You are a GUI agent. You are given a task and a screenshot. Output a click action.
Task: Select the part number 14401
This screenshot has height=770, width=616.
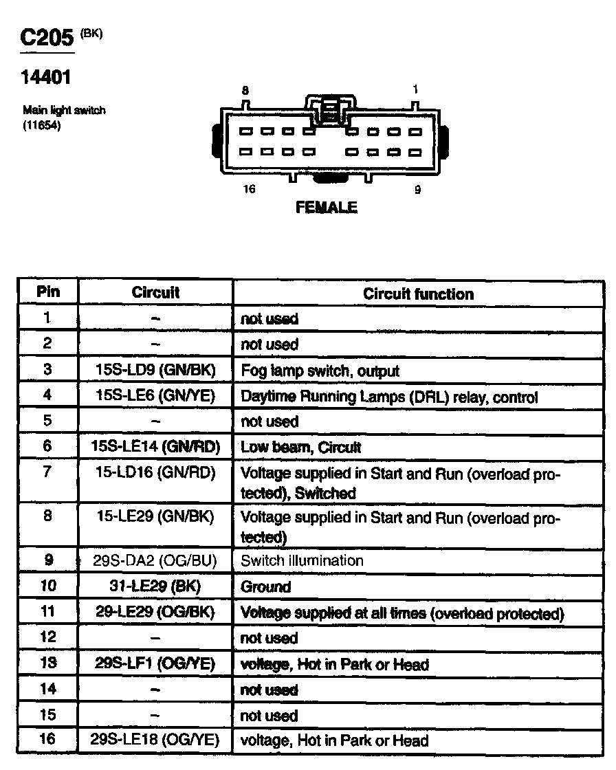pyautogui.click(x=46, y=78)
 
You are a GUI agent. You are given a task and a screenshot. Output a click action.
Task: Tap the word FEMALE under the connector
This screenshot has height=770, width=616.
pyautogui.click(x=327, y=206)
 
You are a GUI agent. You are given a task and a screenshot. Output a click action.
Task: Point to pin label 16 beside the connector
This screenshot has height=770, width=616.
pyautogui.click(x=249, y=189)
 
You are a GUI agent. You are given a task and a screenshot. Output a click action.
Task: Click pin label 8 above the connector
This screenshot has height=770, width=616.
pyautogui.click(x=245, y=90)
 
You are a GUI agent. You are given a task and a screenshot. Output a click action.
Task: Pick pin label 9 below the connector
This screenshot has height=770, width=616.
pyautogui.click(x=417, y=190)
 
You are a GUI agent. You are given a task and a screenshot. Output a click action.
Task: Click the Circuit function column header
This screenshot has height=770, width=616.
pyautogui.click(x=418, y=294)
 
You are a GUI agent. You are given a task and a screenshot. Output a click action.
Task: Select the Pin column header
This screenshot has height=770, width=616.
pyautogui.click(x=47, y=291)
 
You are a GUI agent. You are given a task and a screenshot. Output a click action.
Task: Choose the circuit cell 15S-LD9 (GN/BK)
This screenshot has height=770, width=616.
pyautogui.click(x=155, y=371)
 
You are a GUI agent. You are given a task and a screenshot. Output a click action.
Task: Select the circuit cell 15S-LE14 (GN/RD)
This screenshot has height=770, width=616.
pyautogui.click(x=155, y=447)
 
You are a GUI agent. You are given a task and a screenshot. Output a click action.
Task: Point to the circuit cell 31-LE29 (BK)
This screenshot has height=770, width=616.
pyautogui.click(x=155, y=586)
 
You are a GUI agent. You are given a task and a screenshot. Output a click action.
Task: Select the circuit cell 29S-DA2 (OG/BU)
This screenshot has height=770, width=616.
pyautogui.click(x=155, y=560)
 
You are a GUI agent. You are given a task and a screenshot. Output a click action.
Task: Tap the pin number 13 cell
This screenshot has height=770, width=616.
pyautogui.click(x=47, y=663)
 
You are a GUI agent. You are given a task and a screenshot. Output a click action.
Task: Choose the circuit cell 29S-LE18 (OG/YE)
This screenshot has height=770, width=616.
pyautogui.click(x=155, y=740)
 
